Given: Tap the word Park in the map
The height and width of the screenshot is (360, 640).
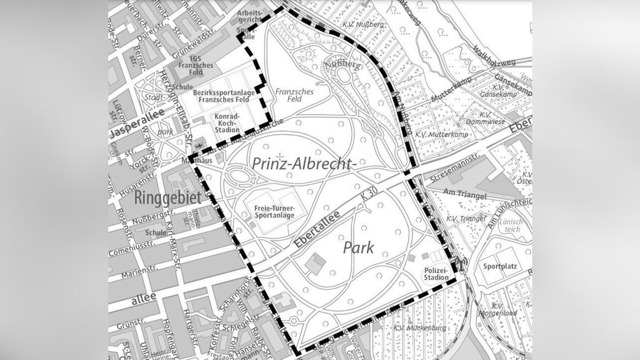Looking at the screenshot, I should [x=358, y=248].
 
